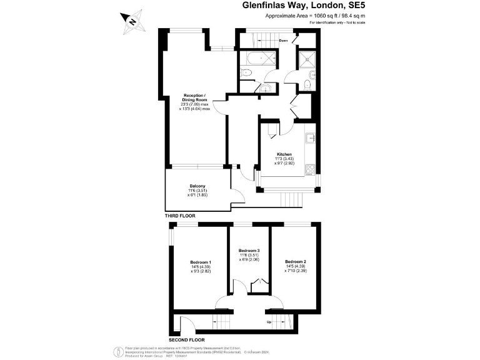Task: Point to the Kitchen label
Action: click(x=284, y=154)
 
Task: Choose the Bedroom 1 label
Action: click(x=201, y=262)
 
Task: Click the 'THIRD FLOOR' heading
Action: click(x=180, y=216)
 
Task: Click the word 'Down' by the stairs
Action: click(x=283, y=41)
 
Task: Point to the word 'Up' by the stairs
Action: click(x=269, y=323)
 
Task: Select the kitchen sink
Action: click(x=310, y=139)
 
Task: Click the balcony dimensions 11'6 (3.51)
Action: click(x=197, y=191)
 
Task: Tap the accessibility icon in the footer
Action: click(x=116, y=351)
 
